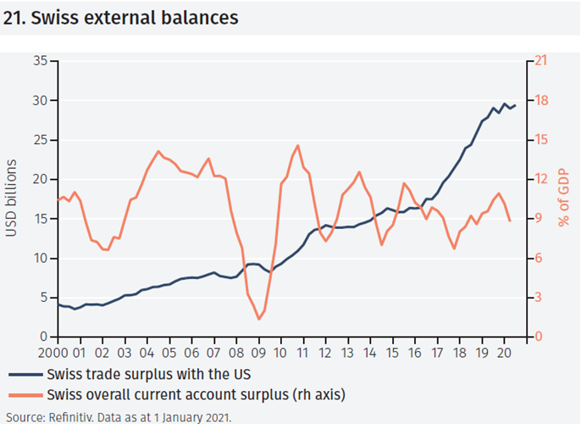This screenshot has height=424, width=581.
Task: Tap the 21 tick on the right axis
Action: click(538, 61)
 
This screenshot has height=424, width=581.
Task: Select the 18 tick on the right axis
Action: click(538, 100)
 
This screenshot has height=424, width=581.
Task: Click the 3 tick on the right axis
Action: click(534, 298)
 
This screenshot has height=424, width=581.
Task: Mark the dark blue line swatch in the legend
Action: click(25, 374)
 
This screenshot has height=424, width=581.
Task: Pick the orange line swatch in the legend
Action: click(25, 393)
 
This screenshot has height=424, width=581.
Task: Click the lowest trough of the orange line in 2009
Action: click(258, 319)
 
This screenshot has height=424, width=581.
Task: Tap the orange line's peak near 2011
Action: click(298, 146)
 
